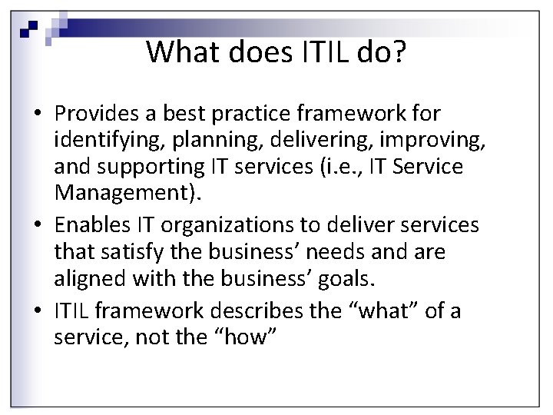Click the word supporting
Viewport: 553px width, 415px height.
(154, 167)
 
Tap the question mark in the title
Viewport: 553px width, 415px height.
(397, 52)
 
